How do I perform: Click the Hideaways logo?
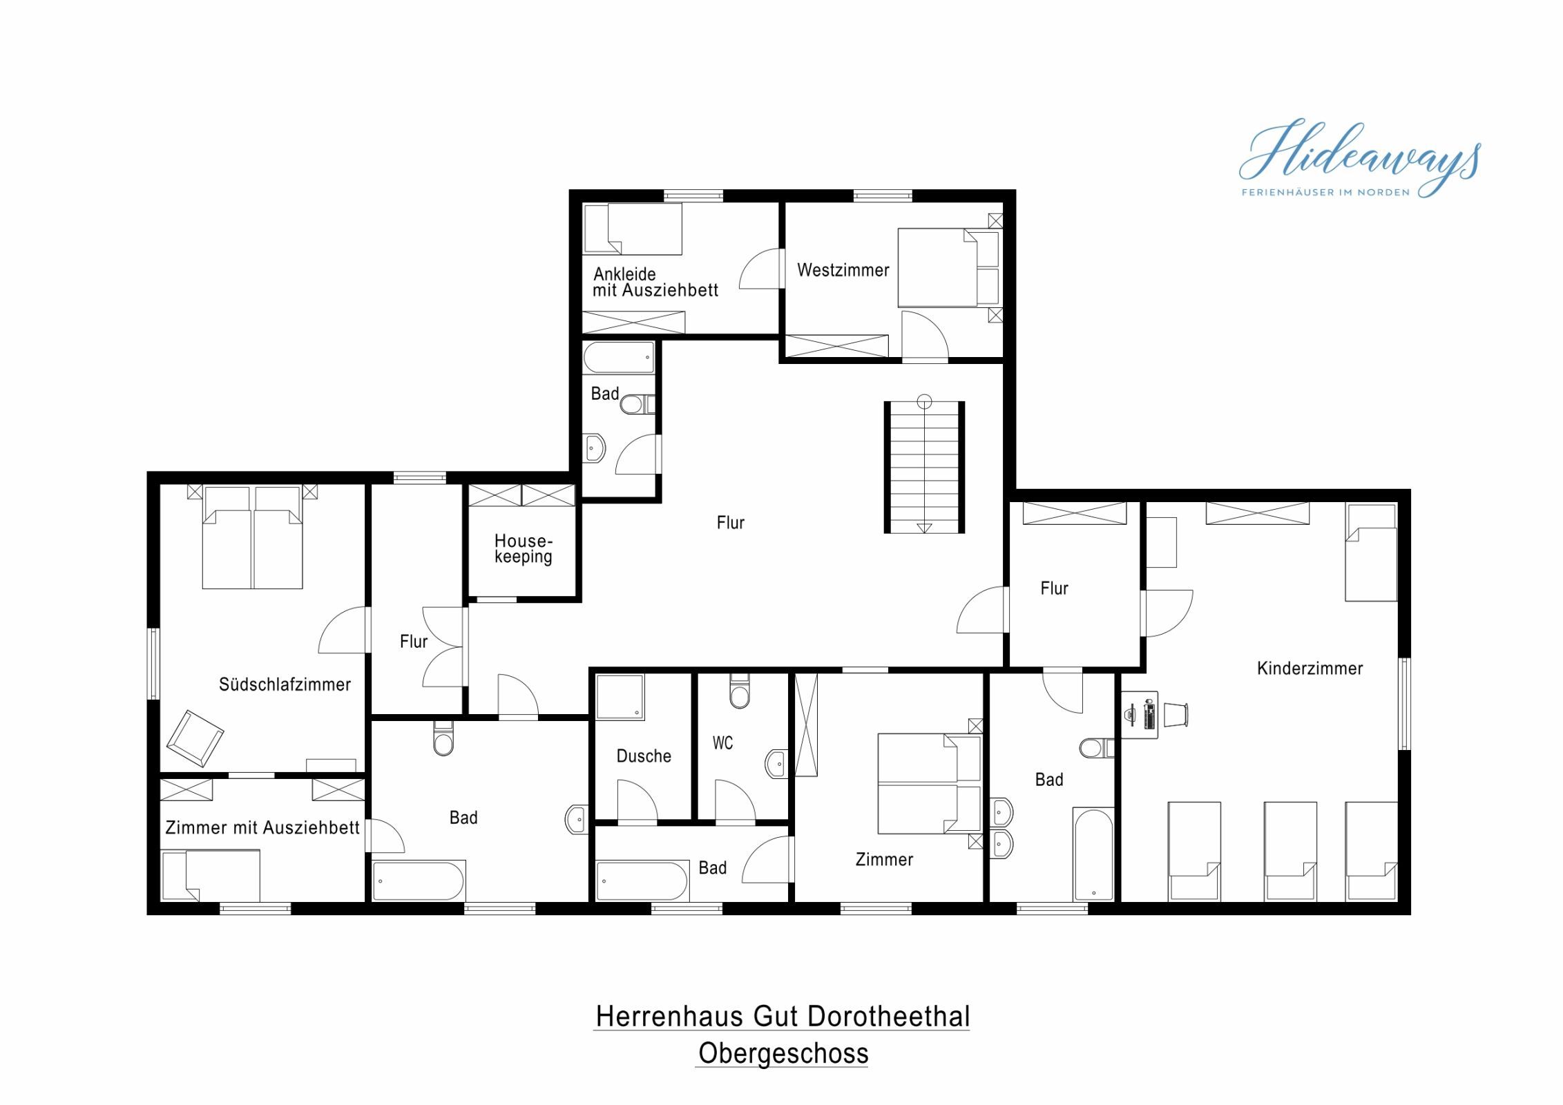pyautogui.click(x=1359, y=159)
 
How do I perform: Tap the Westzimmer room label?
pyautogui.click(x=843, y=270)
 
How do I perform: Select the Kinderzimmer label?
pyautogui.click(x=1310, y=669)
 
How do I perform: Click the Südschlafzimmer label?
pyautogui.click(x=285, y=684)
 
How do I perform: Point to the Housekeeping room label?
pyautogui.click(x=524, y=549)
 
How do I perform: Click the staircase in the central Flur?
pyautogui.click(x=924, y=468)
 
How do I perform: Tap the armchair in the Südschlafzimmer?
pyautogui.click(x=195, y=738)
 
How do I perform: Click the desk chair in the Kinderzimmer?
pyautogui.click(x=1176, y=715)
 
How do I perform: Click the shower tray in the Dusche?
pyautogui.click(x=620, y=698)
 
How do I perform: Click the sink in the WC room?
pyautogui.click(x=776, y=764)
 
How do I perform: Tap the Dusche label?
pyautogui.click(x=644, y=756)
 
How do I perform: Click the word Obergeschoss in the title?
pyautogui.click(x=783, y=1053)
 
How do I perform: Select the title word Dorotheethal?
pyautogui.click(x=888, y=1017)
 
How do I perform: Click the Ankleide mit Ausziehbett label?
pyautogui.click(x=655, y=282)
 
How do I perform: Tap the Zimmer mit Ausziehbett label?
pyautogui.click(x=262, y=827)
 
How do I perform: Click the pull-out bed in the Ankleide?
pyautogui.click(x=633, y=229)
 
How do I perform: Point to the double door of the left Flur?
pyautogui.click(x=443, y=647)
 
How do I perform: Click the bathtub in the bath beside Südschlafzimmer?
pyautogui.click(x=419, y=881)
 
